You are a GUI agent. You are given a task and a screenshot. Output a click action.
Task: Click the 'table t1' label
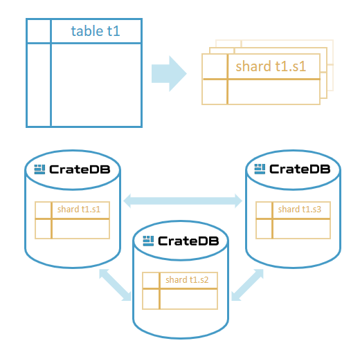pyautogui.click(x=96, y=31)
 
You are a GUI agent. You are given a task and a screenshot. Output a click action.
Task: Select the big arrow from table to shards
pyautogui.click(x=169, y=72)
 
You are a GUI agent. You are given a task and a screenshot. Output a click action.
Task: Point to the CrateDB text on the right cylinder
pyautogui.click(x=299, y=169)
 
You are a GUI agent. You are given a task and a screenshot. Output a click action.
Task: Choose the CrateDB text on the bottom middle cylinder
pyautogui.click(x=188, y=241)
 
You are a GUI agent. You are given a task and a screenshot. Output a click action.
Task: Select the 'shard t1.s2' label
pyautogui.click(x=188, y=280)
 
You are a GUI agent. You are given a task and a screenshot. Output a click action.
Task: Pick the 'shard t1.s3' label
pyautogui.click(x=299, y=209)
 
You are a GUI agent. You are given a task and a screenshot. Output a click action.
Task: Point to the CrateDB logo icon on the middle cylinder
pyautogui.click(x=147, y=241)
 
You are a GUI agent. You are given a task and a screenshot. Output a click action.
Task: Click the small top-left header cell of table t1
pyautogui.click(x=39, y=31)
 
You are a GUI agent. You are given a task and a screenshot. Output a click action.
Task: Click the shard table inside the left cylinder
pyautogui.click(x=72, y=221)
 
